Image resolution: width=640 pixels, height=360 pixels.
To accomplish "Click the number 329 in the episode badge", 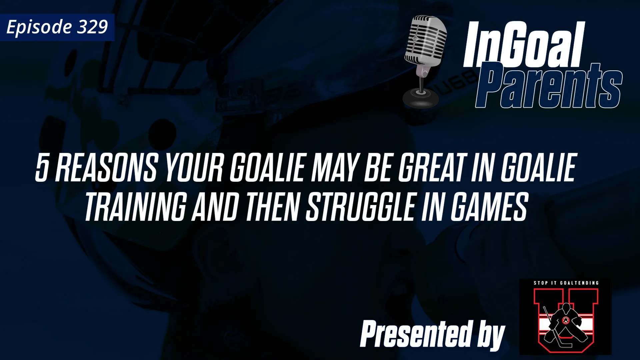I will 93,27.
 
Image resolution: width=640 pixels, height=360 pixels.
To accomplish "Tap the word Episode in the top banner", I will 39,27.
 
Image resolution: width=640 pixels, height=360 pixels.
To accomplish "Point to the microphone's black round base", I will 421,99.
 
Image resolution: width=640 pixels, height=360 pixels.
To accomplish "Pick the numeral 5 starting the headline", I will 42,168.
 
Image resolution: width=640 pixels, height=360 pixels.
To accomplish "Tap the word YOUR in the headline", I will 194,168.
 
